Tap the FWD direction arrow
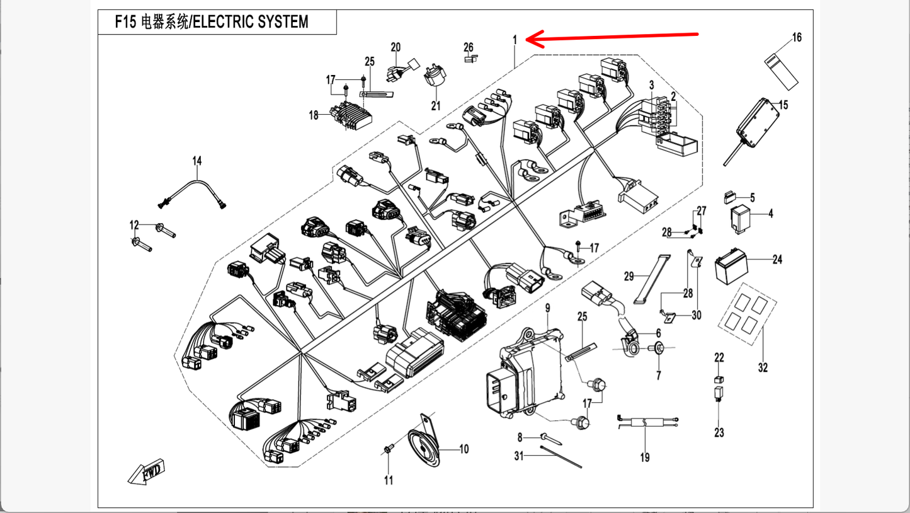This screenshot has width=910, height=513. point(147,471)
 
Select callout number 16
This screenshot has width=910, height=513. point(797,38)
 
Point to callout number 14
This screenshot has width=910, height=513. point(197,161)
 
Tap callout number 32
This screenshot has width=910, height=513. point(763,367)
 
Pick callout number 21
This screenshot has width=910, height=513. point(436,106)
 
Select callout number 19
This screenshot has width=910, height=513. point(644,458)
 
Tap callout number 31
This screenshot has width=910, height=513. point(519,456)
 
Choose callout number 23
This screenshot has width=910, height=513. point(719,433)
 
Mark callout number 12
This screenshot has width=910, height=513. point(134,225)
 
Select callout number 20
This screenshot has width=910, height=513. point(395,47)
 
